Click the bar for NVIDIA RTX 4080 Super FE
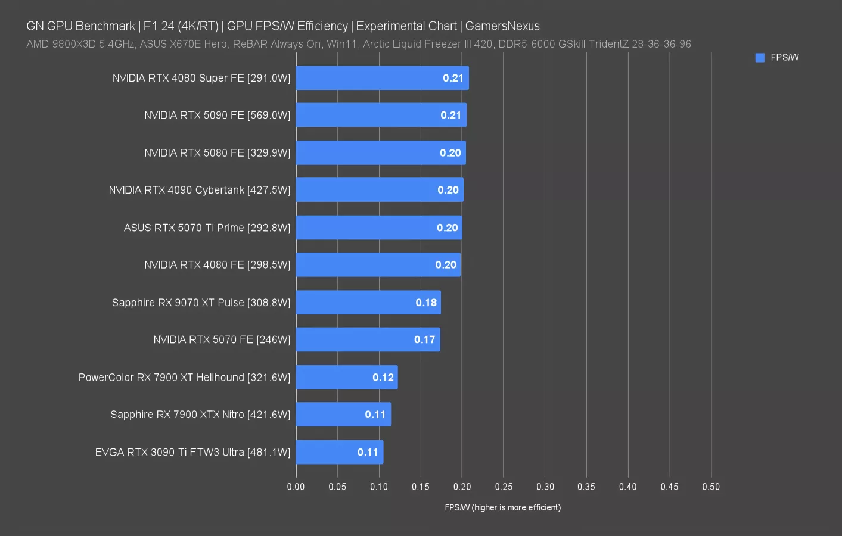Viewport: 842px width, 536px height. tap(381, 78)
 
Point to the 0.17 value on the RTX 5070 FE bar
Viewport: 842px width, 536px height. tap(424, 340)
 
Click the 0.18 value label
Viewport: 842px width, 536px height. tap(426, 303)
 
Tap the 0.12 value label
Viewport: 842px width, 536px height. tap(383, 378)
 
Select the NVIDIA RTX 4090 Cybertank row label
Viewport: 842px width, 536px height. tap(199, 190)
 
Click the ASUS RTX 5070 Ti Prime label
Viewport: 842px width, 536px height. tap(207, 228)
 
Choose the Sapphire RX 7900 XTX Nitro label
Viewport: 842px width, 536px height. tap(200, 415)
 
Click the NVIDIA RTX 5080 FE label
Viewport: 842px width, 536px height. tap(217, 153)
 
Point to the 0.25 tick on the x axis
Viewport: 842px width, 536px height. tap(504, 487)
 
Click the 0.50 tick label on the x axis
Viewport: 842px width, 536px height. tap(710, 487)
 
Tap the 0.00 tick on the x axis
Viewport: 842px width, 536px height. tap(296, 487)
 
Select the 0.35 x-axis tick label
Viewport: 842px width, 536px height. tap(586, 487)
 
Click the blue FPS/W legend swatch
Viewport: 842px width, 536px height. tap(760, 58)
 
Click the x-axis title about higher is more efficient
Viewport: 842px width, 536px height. tap(502, 507)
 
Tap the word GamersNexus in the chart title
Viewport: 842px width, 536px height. tap(502, 26)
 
